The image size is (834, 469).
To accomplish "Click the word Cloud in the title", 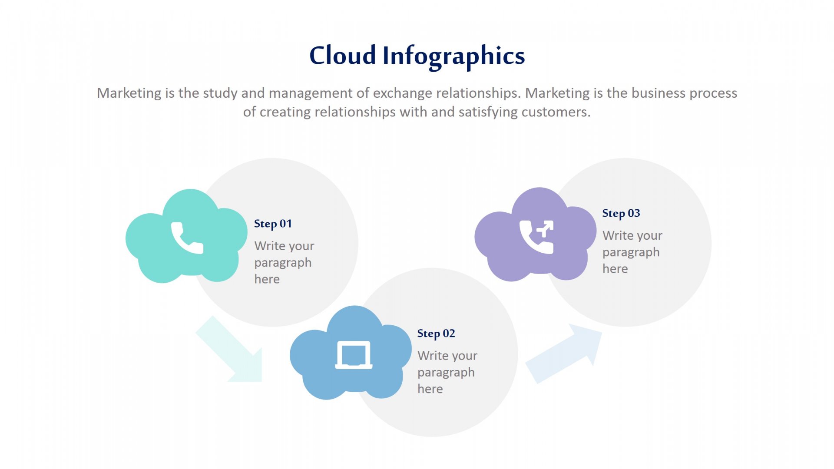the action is coord(342,55).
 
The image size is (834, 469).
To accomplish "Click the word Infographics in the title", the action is coord(453,57).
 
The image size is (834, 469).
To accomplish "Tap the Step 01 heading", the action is coord(273,224).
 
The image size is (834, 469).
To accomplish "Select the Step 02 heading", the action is coord(436,334).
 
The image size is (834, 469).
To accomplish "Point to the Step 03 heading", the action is coord(621,213).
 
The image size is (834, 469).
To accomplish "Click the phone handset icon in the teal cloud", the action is coord(187,238).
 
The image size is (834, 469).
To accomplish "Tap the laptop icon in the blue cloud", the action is coord(354,355).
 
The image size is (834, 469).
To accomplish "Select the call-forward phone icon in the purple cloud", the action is coord(537,237).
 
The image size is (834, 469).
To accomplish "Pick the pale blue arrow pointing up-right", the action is coord(564,353).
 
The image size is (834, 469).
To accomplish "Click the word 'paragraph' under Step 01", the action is coord(283,263).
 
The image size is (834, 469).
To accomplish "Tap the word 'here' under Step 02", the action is coord(430,389).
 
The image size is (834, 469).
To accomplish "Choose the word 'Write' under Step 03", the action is coord(618,235).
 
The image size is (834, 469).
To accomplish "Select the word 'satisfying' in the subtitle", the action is coord(488,112).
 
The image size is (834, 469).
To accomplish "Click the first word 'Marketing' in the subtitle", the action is coord(129,93).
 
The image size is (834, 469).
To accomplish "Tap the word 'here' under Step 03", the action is coord(615,269).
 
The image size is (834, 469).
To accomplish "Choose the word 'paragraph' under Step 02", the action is coord(446,373).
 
